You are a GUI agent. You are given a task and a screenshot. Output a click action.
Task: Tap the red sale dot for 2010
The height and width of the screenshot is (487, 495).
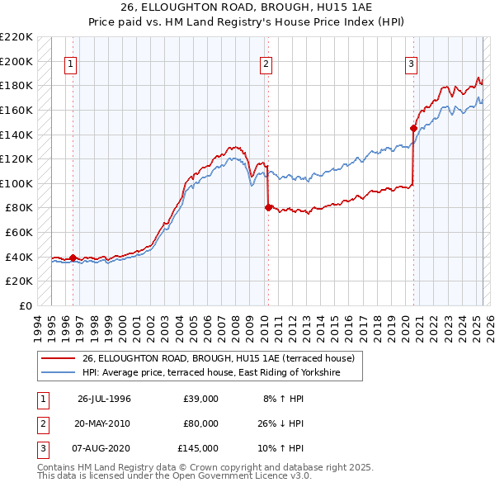pyautogui.click(x=268, y=208)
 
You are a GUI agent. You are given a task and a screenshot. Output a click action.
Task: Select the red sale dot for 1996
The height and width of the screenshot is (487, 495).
pyautogui.click(x=73, y=258)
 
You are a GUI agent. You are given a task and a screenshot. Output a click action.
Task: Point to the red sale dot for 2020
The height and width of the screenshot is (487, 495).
pyautogui.click(x=413, y=128)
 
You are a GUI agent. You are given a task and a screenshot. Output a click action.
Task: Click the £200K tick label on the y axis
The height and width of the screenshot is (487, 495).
pyautogui.click(x=16, y=61)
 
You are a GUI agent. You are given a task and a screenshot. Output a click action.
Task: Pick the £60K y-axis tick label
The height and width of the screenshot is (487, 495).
pyautogui.click(x=19, y=233)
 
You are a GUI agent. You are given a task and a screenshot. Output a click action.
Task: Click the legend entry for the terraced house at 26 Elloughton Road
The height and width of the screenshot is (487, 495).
pyautogui.click(x=218, y=358)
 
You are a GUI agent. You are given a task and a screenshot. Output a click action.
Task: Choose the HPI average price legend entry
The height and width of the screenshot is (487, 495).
pyautogui.click(x=222, y=373)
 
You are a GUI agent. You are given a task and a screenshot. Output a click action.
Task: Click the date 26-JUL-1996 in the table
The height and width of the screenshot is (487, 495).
pyautogui.click(x=104, y=399)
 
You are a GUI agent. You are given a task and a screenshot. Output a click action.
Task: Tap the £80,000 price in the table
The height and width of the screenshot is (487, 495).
pyautogui.click(x=201, y=423)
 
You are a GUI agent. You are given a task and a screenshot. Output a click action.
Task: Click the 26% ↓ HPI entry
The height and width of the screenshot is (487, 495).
pyautogui.click(x=281, y=423)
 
